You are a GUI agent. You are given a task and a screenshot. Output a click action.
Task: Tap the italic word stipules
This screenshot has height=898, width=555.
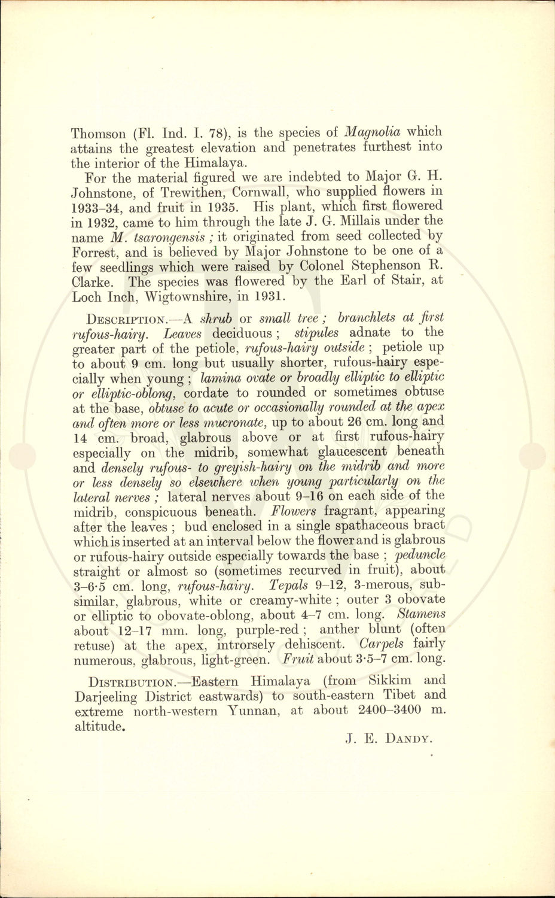[x=316, y=333]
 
